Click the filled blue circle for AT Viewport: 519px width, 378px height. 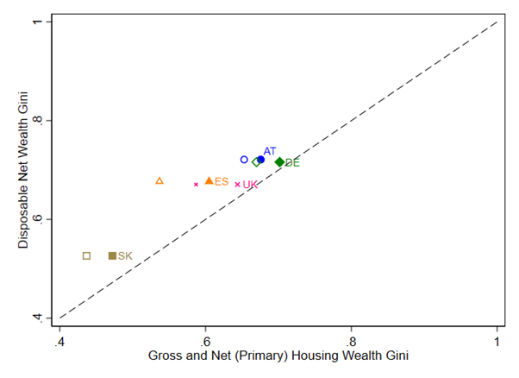(260, 160)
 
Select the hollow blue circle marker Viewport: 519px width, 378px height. (244, 160)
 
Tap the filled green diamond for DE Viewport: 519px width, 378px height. (279, 162)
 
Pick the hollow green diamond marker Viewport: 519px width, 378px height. (256, 162)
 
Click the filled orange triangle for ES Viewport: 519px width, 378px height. (209, 180)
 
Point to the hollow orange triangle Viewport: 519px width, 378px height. (159, 180)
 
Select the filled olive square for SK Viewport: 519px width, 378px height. (112, 255)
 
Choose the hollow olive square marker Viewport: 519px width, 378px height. (86, 255)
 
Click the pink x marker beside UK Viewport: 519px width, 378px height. (237, 184)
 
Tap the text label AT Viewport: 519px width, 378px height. (270, 151)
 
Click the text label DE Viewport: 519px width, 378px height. (292, 162)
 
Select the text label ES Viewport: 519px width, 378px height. (222, 181)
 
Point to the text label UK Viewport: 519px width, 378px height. (250, 185)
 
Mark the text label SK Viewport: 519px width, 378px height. (125, 255)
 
